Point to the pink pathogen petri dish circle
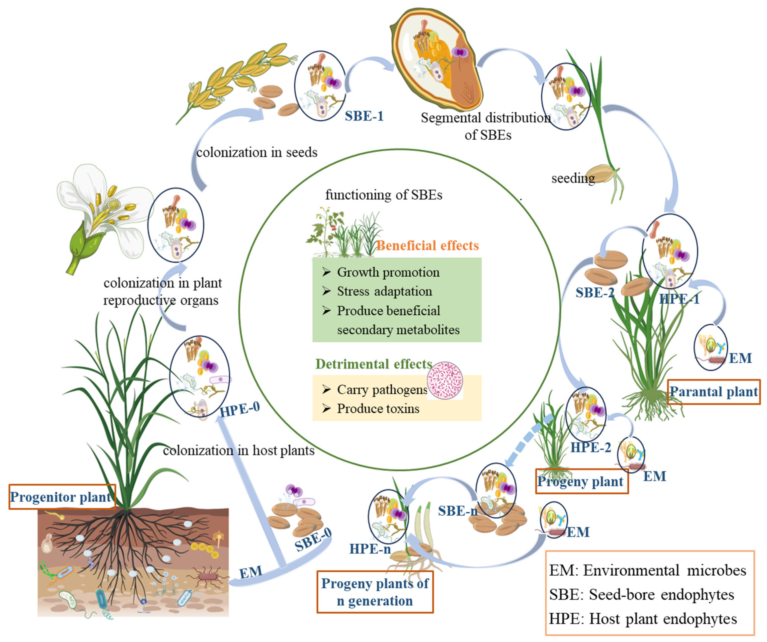(445, 380)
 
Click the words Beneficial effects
(427, 246)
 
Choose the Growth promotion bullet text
(388, 273)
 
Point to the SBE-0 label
(313, 540)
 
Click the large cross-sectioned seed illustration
(436, 58)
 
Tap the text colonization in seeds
(257, 152)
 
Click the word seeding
(573, 178)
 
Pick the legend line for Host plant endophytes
(643, 619)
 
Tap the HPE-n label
(370, 549)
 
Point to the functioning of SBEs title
(383, 195)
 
